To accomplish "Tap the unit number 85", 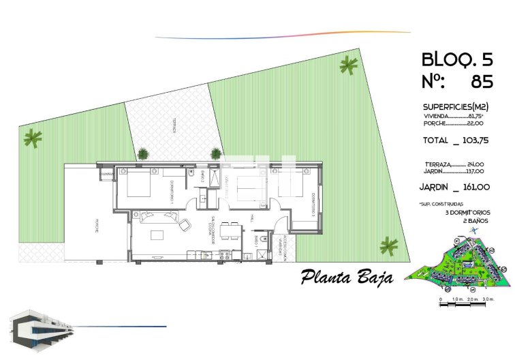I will tap(482, 82).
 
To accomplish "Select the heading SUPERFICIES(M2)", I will tap(456, 107).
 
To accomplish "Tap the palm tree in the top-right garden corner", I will tap(348, 65).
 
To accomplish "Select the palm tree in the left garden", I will tap(32, 138).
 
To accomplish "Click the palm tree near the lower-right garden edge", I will tap(389, 245).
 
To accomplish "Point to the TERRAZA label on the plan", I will tap(174, 125).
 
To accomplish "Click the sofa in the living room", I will tap(159, 217).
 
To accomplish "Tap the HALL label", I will tap(251, 218).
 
